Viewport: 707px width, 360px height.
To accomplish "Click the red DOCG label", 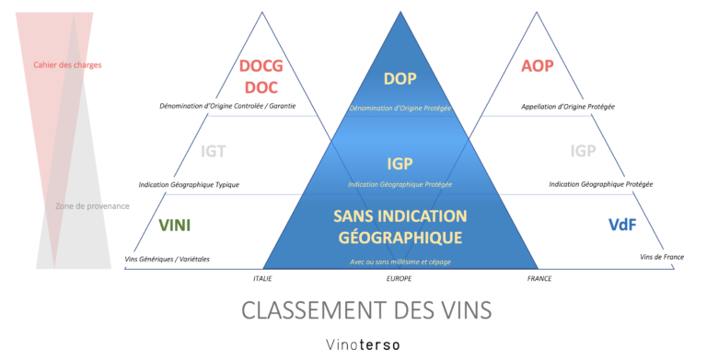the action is coord(261,67).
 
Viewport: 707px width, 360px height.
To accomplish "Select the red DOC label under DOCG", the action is coord(261,87).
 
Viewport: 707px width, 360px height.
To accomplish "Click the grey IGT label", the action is coord(213,152).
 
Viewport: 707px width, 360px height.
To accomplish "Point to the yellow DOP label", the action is coord(400,78).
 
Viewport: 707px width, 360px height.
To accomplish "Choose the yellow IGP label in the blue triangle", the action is coord(400,164).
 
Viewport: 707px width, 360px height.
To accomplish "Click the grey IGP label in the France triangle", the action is coord(583,151).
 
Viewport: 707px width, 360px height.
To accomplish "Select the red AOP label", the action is coord(538,67).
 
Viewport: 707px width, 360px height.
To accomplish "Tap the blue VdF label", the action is coord(623,225).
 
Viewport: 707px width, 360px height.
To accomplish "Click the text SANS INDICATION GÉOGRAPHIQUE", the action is coord(400,226).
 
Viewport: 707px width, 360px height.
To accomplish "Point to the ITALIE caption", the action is coord(262,278).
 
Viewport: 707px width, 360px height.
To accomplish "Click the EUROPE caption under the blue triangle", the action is coord(400,278).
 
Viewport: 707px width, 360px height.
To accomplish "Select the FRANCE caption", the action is coord(539,278).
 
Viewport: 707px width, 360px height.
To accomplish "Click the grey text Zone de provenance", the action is coord(93,205).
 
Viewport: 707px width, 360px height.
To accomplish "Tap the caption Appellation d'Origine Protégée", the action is coord(568,107).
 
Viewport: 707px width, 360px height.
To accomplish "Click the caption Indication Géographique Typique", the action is coord(189,184).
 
